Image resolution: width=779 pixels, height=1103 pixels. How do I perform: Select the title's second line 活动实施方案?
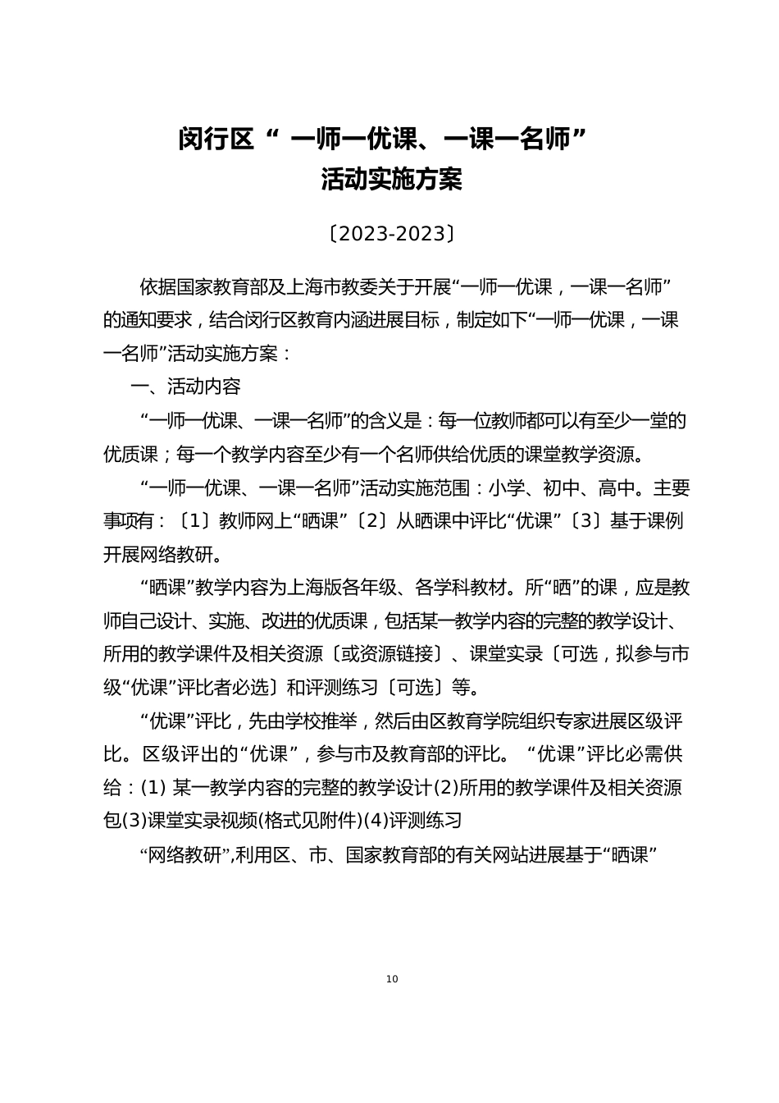tap(391, 180)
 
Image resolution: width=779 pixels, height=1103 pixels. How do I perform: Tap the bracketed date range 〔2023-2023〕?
tap(390, 234)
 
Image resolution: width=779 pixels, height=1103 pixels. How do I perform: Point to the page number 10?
tap(391, 978)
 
